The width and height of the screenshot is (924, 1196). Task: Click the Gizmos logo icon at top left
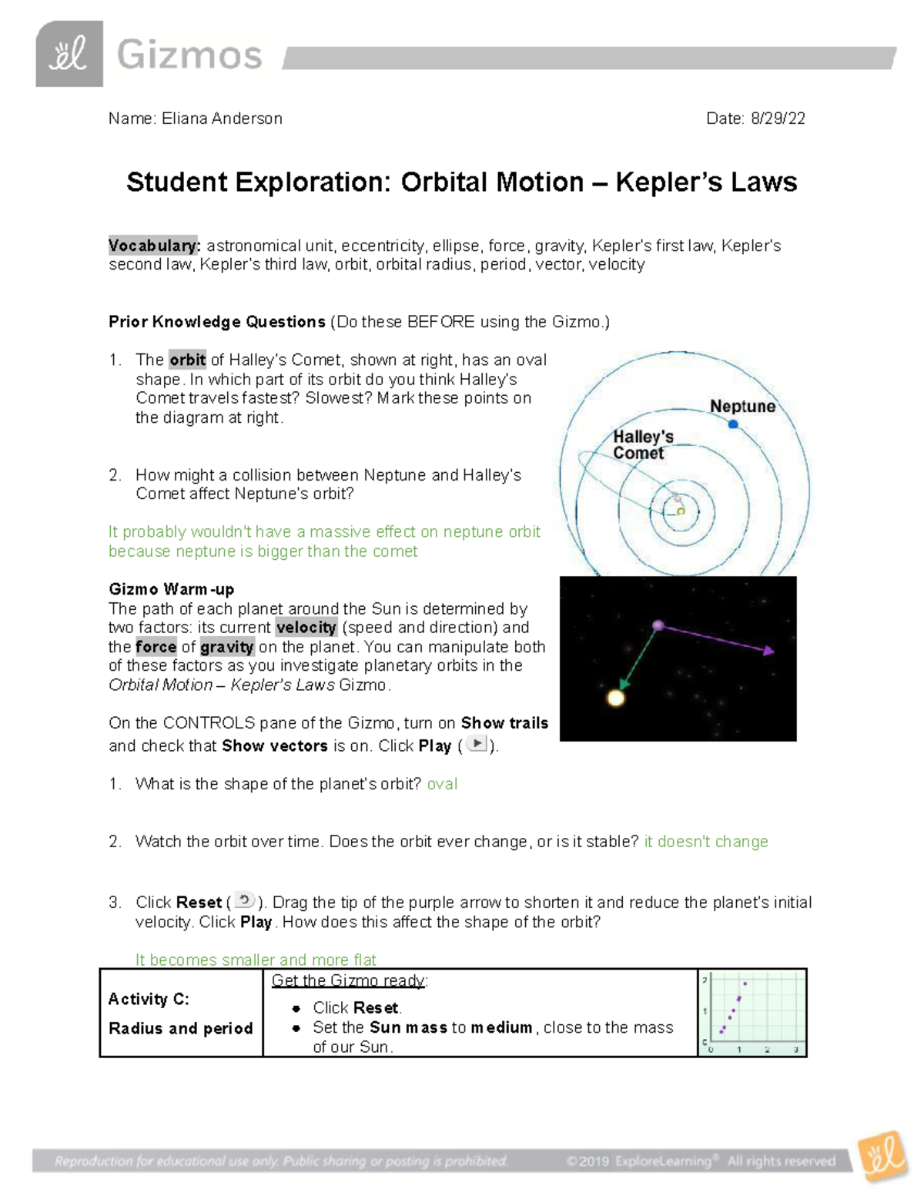(x=69, y=54)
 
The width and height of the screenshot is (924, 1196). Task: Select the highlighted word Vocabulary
(x=154, y=246)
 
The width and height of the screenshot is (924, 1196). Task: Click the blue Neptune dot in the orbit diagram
(x=733, y=424)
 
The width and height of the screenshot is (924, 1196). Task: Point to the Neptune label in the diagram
(x=742, y=407)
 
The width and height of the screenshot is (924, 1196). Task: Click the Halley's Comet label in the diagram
(x=642, y=445)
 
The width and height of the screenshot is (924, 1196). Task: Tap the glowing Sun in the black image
(x=616, y=698)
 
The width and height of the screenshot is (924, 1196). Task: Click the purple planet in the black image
(x=658, y=625)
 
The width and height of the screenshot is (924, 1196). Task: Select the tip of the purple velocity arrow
(x=769, y=652)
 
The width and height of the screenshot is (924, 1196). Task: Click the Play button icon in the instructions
(x=477, y=744)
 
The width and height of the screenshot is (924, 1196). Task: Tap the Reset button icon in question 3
(x=244, y=900)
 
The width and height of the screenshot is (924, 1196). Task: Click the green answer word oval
(x=442, y=784)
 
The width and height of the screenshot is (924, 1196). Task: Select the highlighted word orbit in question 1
(x=187, y=360)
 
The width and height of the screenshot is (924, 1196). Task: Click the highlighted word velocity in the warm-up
(x=306, y=628)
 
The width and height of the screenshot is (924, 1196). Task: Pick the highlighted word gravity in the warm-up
(x=226, y=647)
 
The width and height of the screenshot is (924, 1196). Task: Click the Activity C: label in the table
(x=149, y=999)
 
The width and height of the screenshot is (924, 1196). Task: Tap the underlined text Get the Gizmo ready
(x=349, y=980)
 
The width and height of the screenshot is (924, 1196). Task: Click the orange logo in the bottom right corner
(x=884, y=1154)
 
